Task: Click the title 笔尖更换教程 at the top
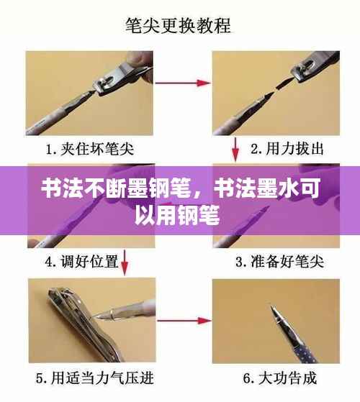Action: point(181,27)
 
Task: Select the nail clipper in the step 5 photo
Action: point(72,316)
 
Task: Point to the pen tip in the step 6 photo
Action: point(274,311)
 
